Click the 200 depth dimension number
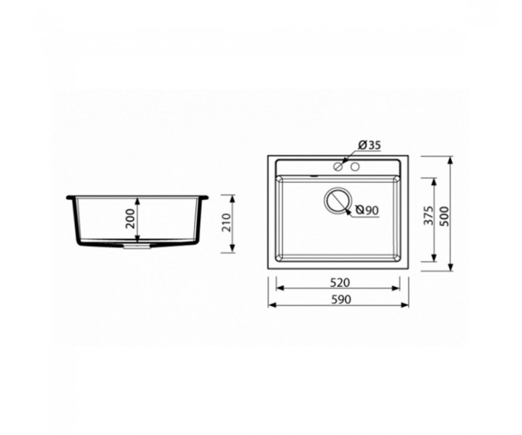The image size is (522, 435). coord(131,219)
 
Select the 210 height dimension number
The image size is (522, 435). coord(226,222)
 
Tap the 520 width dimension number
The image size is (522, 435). coord(340,282)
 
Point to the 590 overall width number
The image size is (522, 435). coord(341,300)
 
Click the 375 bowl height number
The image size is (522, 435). coord(429,215)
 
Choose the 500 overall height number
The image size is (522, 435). coord(444,216)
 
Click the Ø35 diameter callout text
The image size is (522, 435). coord(369,145)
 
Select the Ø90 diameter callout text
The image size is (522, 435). coord(367,210)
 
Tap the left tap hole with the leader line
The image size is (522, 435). coord(338,167)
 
